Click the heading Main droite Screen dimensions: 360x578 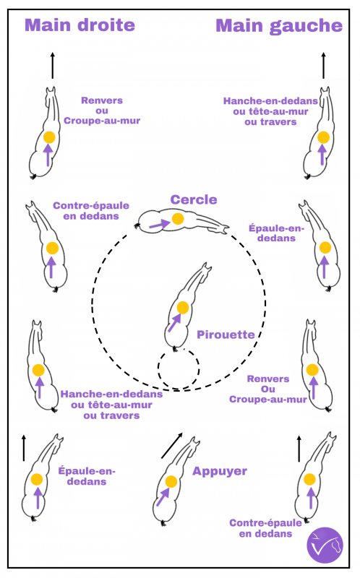pyautogui.click(x=80, y=25)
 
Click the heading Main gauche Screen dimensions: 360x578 pyautogui.click(x=279, y=26)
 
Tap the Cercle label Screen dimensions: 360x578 pyautogui.click(x=194, y=199)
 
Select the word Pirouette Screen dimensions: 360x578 pyautogui.click(x=226, y=335)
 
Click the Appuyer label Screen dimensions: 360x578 pyautogui.click(x=220, y=472)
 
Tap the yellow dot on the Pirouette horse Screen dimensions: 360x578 pyautogui.click(x=183, y=308)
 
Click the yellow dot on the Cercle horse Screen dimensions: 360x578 pyautogui.click(x=178, y=218)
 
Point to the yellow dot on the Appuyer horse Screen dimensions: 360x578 pyautogui.click(x=171, y=481)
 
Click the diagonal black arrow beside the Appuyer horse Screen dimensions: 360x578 pyautogui.click(x=172, y=446)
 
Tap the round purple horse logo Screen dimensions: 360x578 pyautogui.click(x=325, y=545)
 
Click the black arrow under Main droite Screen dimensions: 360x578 pyautogui.click(x=52, y=65)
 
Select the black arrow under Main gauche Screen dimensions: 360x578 pyautogui.click(x=323, y=65)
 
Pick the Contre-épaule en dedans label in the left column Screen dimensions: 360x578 pyautogui.click(x=91, y=211)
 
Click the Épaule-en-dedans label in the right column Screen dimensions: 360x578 pyautogui.click(x=276, y=233)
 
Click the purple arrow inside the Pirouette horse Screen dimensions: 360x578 pyautogui.click(x=174, y=322)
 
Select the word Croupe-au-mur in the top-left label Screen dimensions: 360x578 pyautogui.click(x=102, y=121)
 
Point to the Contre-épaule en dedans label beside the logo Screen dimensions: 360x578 pyautogui.click(x=265, y=528)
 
